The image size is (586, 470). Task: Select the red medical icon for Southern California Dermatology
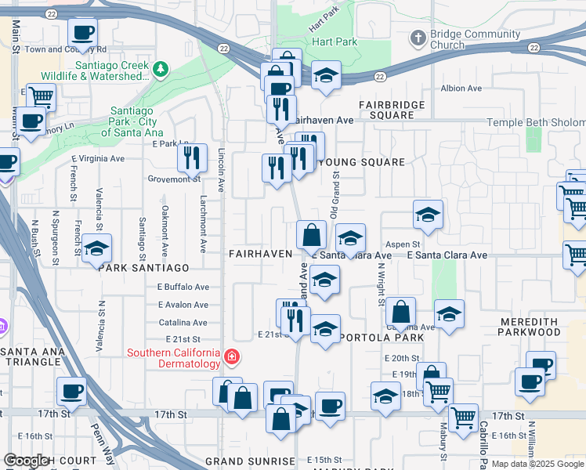pyautogui.click(x=231, y=358)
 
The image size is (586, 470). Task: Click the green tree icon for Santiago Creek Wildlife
pyautogui.click(x=161, y=70)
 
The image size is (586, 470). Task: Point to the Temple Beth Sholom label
pyautogui.click(x=536, y=123)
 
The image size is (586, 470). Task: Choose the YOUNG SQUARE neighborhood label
pyautogui.click(x=362, y=162)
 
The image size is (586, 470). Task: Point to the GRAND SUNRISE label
pyautogui.click(x=250, y=461)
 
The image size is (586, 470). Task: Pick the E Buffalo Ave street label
pyautogui.click(x=183, y=287)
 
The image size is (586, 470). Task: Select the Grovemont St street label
pyautogui.click(x=174, y=179)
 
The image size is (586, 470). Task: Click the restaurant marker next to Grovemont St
pyautogui.click(x=192, y=159)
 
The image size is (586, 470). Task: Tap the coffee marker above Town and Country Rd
pyautogui.click(x=82, y=34)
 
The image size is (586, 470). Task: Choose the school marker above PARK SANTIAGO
pyautogui.click(x=96, y=249)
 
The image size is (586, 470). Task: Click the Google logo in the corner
pyautogui.click(x=27, y=461)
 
